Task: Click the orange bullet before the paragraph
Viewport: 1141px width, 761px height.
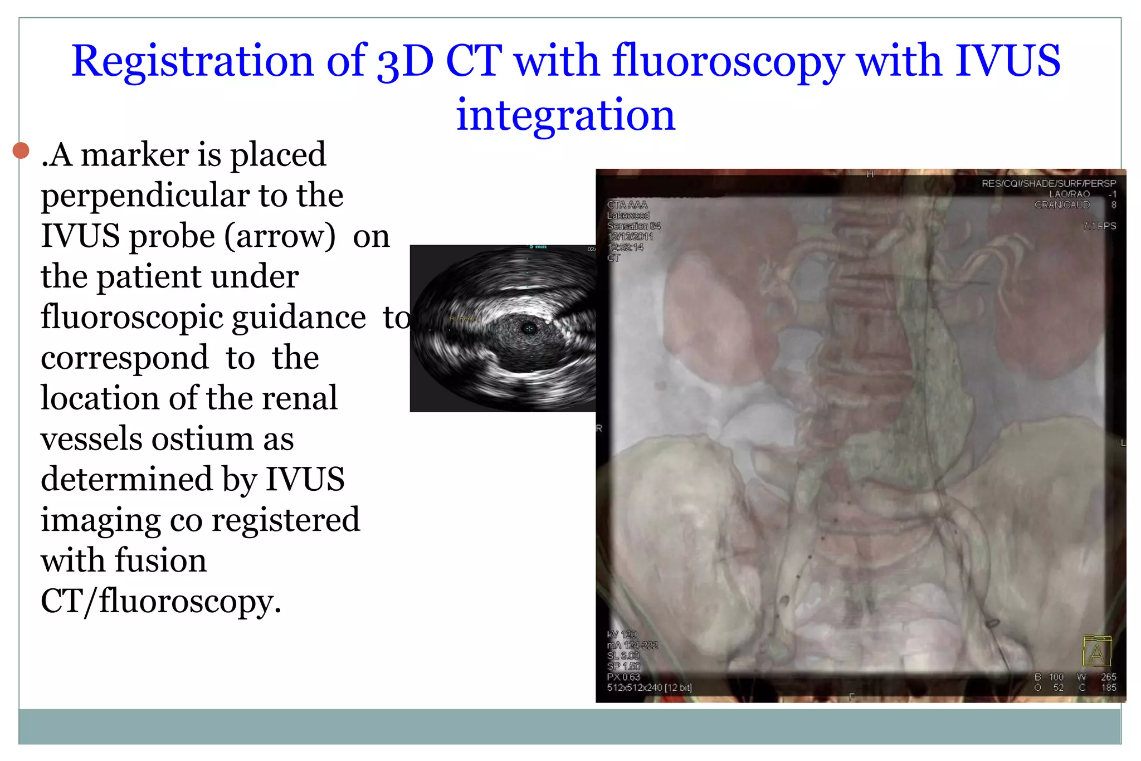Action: pos(21,150)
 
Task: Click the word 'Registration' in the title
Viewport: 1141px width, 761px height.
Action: pos(192,61)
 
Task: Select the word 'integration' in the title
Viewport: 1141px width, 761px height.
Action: pos(565,115)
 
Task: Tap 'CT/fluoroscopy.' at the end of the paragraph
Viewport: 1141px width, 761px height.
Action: pos(161,601)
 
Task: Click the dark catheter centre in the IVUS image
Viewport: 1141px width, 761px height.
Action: pos(529,329)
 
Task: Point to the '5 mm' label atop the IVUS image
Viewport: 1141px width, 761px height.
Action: pos(538,247)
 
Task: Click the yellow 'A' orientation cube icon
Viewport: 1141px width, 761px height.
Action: pos(1096,651)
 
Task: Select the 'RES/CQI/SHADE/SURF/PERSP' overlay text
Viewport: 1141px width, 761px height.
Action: pos(1048,183)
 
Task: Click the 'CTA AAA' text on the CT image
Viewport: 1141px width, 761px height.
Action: pos(627,205)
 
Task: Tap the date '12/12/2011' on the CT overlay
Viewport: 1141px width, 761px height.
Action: pos(630,237)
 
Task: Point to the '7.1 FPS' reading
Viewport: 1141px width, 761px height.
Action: pos(1099,226)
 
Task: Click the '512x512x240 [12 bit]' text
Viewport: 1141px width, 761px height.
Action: pos(649,688)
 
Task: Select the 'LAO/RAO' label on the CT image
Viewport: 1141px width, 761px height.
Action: pos(1069,194)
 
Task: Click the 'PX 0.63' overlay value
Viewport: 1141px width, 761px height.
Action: pos(623,677)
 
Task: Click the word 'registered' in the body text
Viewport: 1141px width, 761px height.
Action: pos(286,520)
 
